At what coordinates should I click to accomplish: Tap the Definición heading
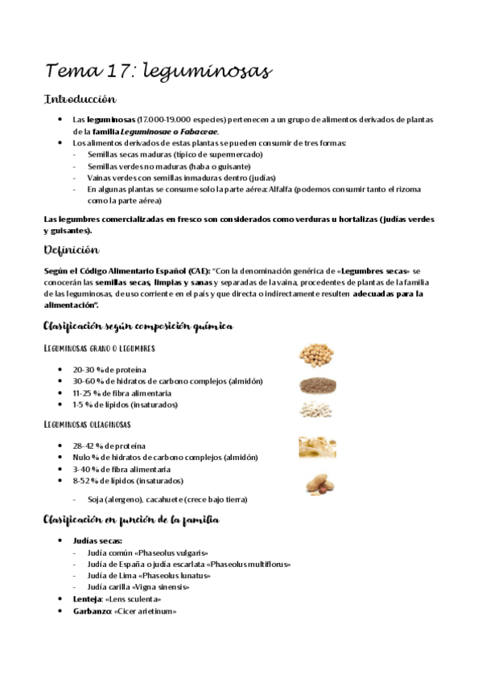pos(71,250)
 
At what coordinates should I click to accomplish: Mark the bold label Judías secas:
pos(97,541)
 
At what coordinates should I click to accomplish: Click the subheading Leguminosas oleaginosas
pos(88,424)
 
